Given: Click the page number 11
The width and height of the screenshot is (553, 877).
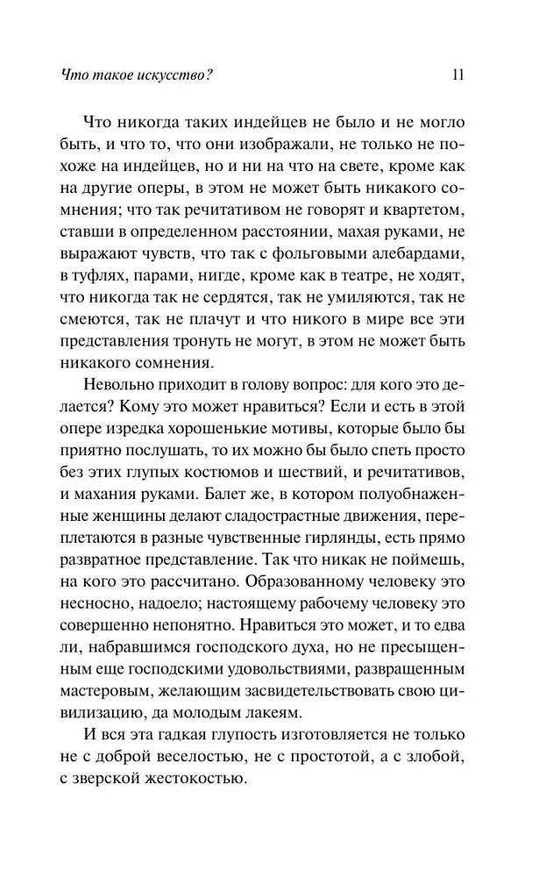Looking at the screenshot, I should (457, 74).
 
